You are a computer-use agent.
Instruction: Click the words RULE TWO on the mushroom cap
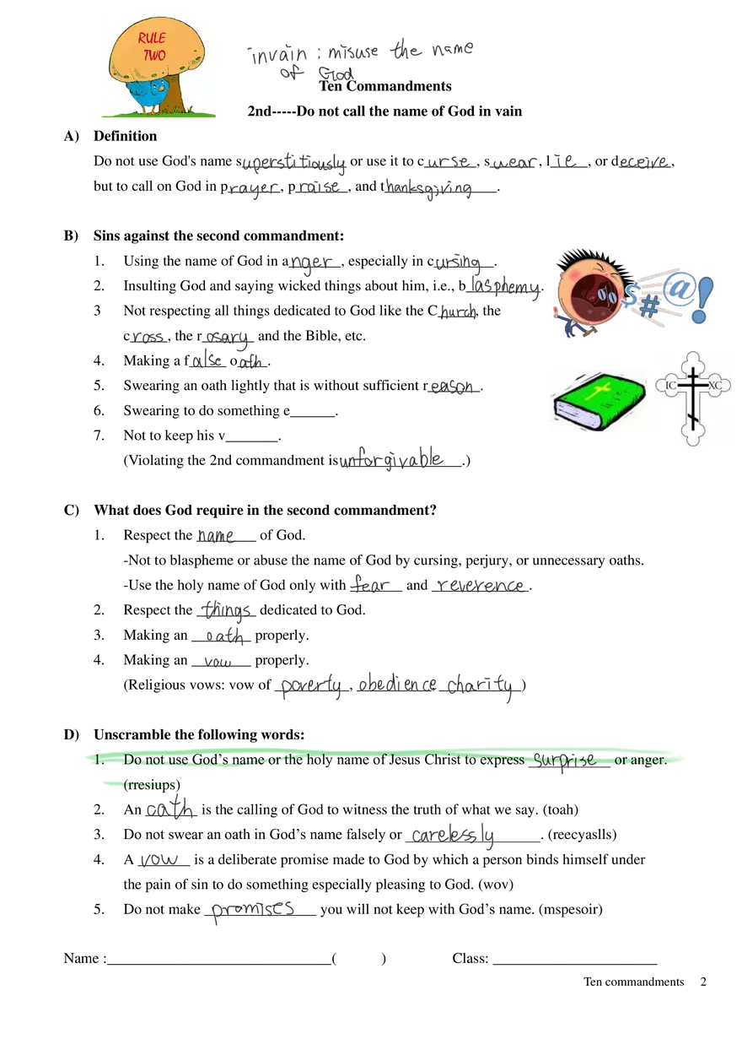pyautogui.click(x=153, y=46)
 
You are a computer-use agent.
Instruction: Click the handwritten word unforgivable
pyautogui.click(x=390, y=461)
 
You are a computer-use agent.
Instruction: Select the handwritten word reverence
pyautogui.click(x=481, y=585)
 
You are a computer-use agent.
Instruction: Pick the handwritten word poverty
pyautogui.click(x=310, y=687)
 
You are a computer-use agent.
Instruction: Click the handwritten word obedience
pyautogui.click(x=397, y=685)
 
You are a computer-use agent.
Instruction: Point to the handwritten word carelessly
pyautogui.click(x=454, y=836)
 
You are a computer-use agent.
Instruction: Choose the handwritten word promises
pyautogui.click(x=252, y=910)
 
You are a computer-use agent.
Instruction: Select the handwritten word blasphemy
pyautogui.click(x=505, y=287)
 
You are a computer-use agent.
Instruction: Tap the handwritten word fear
pyautogui.click(x=368, y=584)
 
